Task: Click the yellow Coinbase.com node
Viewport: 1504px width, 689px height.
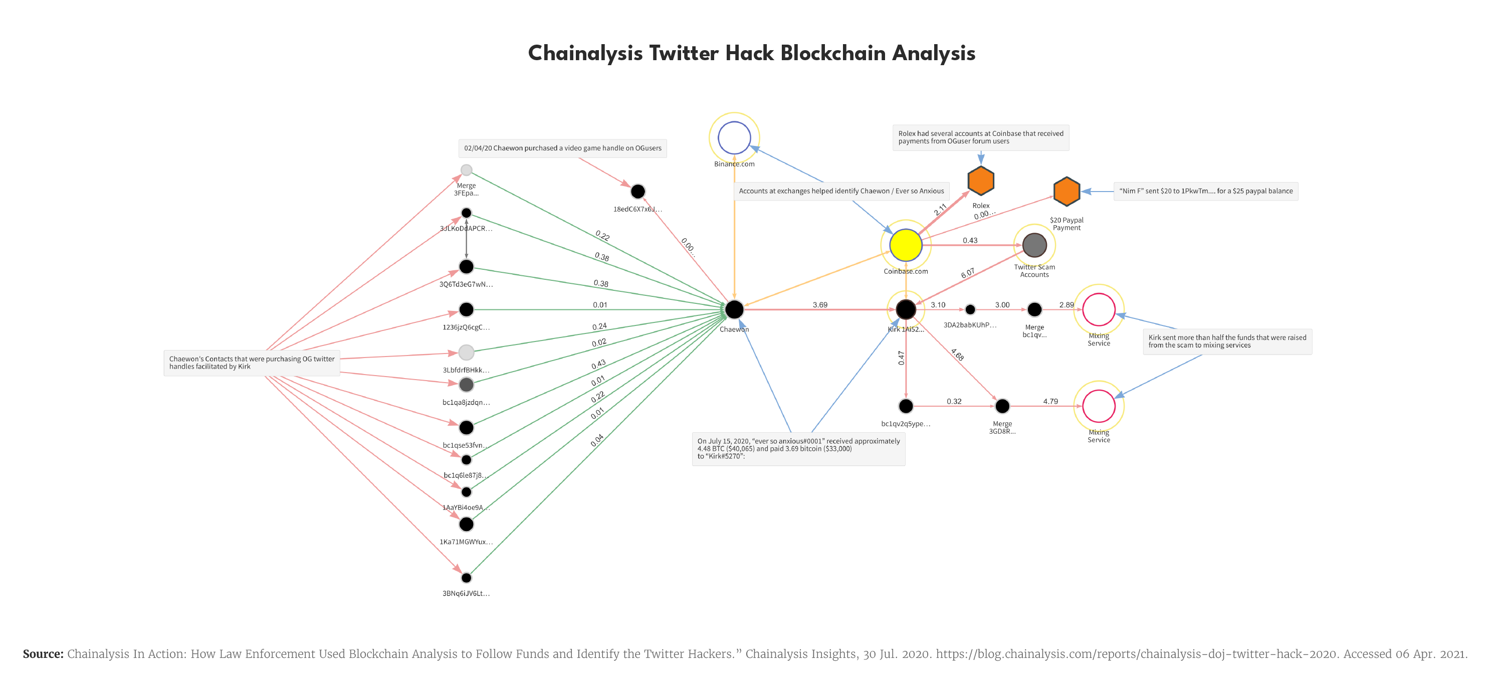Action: point(906,245)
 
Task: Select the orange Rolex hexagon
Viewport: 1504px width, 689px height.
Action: point(981,181)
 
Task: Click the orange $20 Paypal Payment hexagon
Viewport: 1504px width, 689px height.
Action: point(1066,191)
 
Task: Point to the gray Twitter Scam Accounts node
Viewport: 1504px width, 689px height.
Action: point(1034,245)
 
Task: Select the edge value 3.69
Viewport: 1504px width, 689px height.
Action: point(820,304)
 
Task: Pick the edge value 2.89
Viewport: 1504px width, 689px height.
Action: point(1066,304)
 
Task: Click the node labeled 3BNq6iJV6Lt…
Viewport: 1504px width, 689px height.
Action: point(466,578)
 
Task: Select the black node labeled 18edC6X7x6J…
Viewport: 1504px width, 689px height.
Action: point(637,191)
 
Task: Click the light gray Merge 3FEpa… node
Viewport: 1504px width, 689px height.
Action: point(466,170)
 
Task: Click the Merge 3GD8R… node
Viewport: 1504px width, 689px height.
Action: point(1002,406)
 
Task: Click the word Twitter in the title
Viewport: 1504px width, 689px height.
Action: point(684,53)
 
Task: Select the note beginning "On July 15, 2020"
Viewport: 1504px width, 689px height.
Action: point(798,448)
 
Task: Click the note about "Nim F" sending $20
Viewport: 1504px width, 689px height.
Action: point(1205,191)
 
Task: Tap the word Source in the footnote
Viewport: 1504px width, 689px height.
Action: point(43,653)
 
